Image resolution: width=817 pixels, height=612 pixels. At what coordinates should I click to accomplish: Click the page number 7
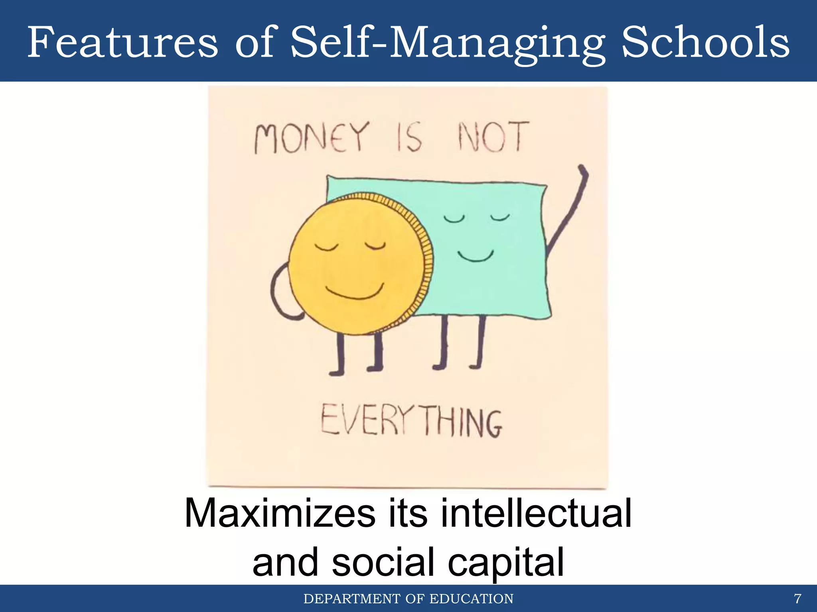coord(797,599)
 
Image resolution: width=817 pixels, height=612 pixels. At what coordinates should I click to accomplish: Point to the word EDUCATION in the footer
coord(472,599)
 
